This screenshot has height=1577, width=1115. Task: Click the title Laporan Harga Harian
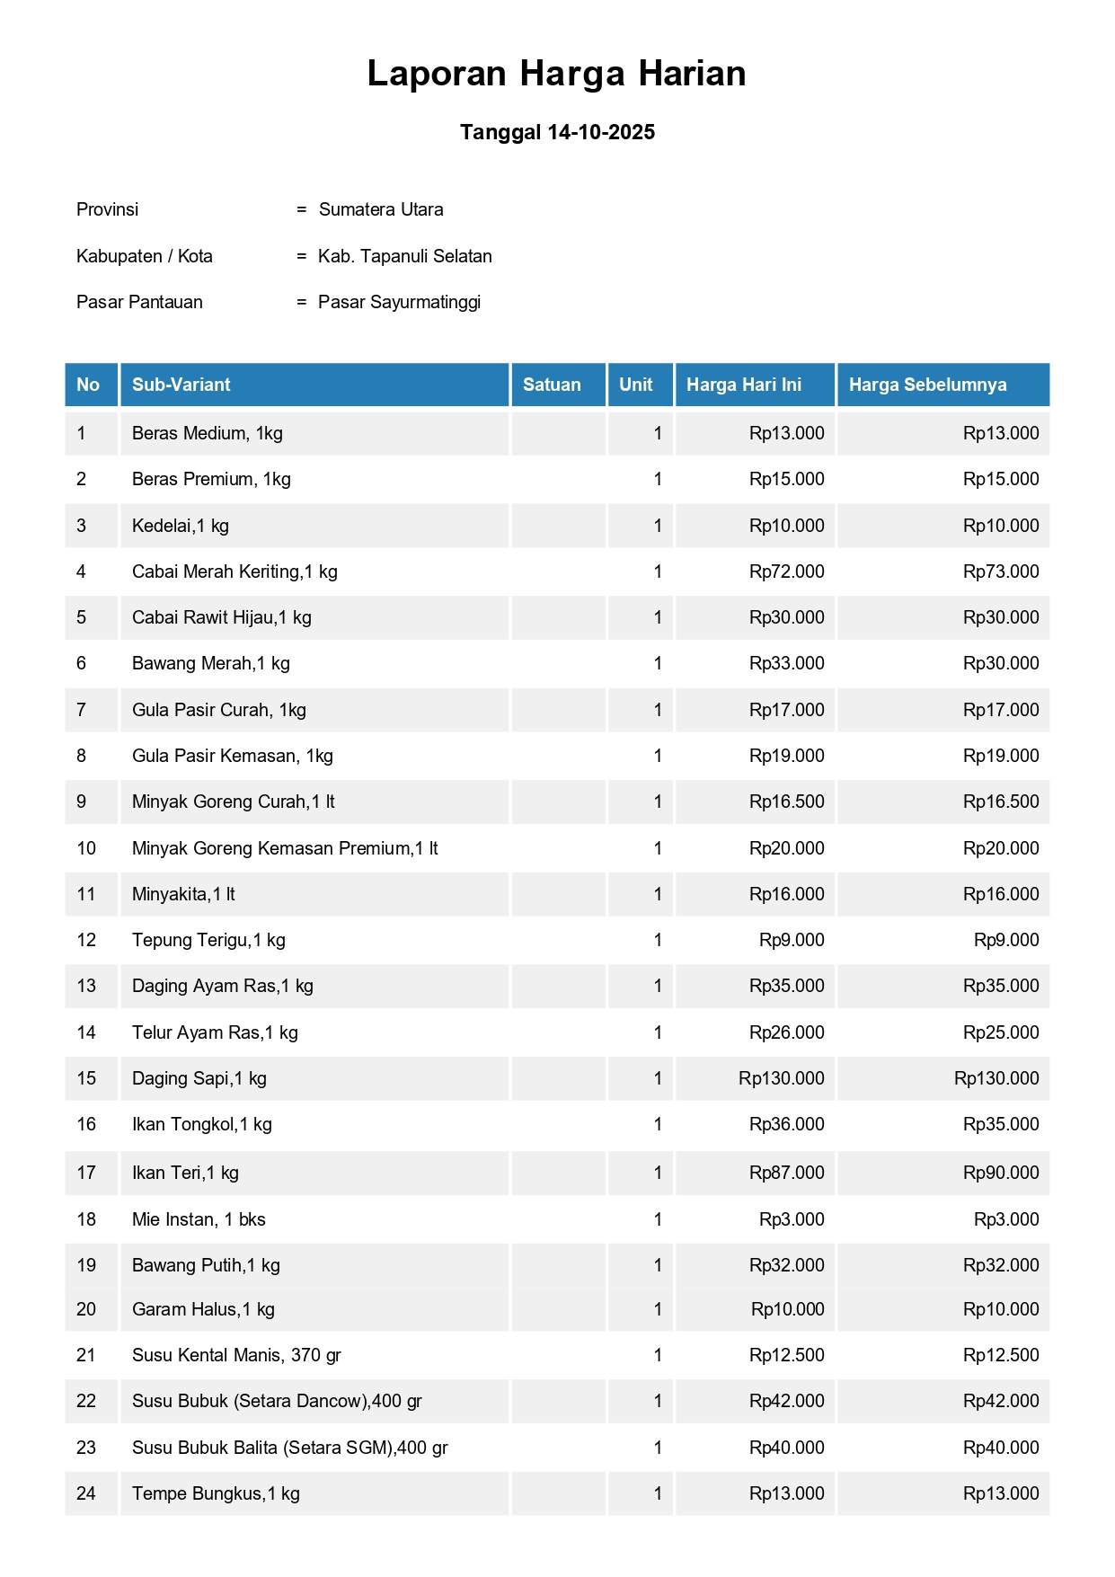(x=556, y=74)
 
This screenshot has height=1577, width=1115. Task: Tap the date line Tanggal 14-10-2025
(x=557, y=132)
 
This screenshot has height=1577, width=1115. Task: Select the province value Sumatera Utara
(x=381, y=209)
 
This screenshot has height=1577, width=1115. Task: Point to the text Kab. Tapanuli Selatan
(x=404, y=256)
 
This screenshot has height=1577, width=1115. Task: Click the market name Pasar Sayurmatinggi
(x=399, y=302)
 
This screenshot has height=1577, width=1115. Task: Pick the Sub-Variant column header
(x=181, y=385)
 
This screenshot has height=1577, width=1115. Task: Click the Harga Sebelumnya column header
(x=927, y=385)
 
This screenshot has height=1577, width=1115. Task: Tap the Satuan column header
(x=552, y=385)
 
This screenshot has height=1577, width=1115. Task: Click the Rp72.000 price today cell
(x=786, y=571)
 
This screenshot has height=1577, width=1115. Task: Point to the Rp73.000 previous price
(x=1000, y=571)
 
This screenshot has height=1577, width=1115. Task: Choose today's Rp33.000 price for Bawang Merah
(x=786, y=663)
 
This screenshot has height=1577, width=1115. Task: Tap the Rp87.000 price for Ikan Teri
(x=786, y=1173)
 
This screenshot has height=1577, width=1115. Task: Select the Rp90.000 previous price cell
(x=1000, y=1173)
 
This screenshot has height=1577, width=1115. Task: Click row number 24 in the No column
(x=86, y=1493)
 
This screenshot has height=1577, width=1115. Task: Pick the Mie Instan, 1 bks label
(x=199, y=1219)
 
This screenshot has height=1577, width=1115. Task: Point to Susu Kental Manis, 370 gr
(x=236, y=1355)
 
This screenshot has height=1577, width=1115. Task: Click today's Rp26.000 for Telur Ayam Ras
(x=786, y=1032)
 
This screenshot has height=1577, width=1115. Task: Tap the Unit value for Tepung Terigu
(x=658, y=940)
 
